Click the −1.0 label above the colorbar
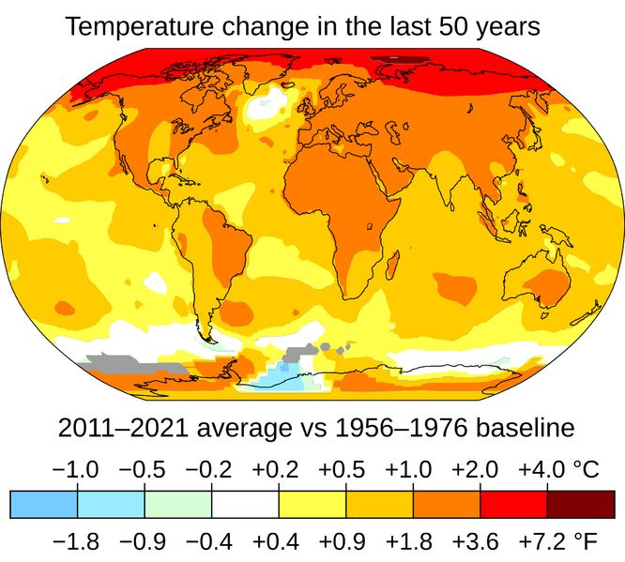(77, 470)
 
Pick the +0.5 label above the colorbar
(345, 470)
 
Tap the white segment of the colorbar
(245, 504)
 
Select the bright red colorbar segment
(513, 504)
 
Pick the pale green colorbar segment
(178, 504)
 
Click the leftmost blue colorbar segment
(43, 504)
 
